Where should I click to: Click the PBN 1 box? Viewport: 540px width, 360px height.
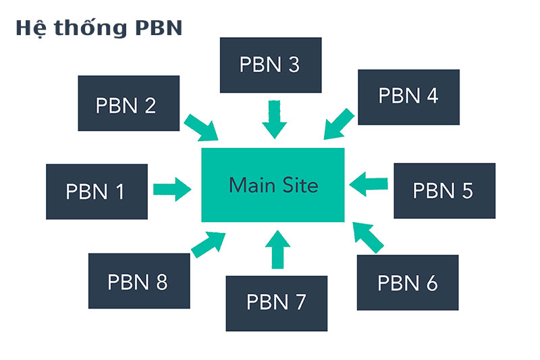coord(97,191)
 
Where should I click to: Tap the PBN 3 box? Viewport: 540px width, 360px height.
coord(270,65)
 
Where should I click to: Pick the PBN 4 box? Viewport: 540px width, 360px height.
coord(408,97)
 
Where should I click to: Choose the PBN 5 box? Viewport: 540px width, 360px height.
coord(444,190)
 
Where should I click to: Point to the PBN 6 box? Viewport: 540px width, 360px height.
coord(408,282)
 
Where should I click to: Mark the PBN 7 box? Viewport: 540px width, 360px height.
coord(277,303)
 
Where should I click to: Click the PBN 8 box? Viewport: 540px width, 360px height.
coord(138,281)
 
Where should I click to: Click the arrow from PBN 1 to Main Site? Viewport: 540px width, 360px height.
coord(172,188)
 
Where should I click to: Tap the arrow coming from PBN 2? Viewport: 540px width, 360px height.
coord(201,127)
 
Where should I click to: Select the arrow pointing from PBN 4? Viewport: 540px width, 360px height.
coord(339,124)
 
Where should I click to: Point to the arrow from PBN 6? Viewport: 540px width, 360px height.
coord(367,238)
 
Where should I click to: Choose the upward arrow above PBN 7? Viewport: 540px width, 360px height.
coord(276,249)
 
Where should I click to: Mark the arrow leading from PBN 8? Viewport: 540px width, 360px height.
coord(209,243)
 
